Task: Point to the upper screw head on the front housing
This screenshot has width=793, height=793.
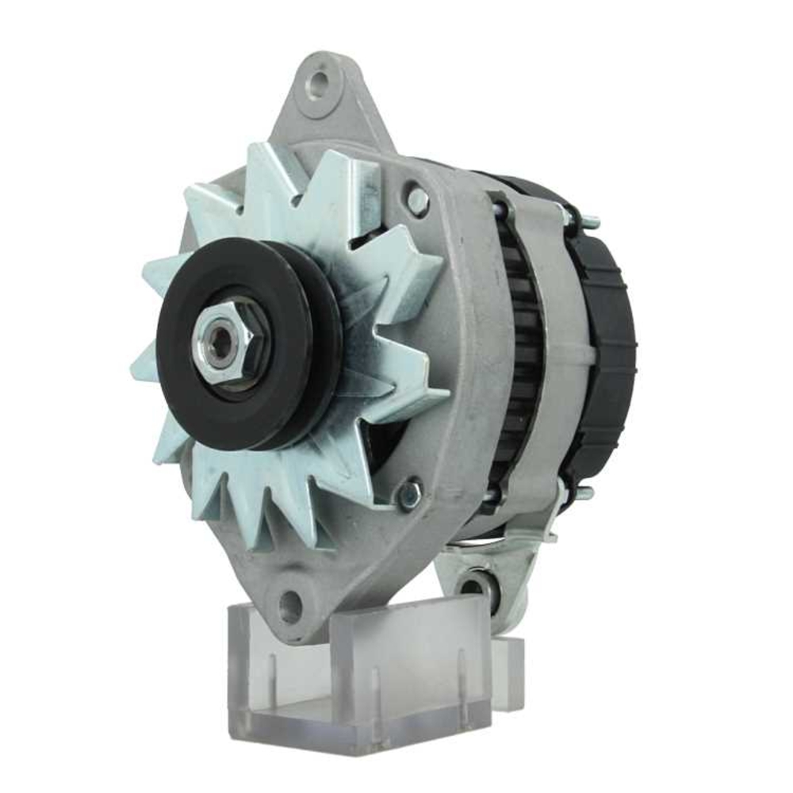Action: tap(416, 197)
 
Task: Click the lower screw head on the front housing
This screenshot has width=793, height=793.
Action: tap(409, 494)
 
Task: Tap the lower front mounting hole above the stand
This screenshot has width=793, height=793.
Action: tap(290, 607)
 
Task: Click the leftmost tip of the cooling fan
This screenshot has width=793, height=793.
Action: tap(133, 368)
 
